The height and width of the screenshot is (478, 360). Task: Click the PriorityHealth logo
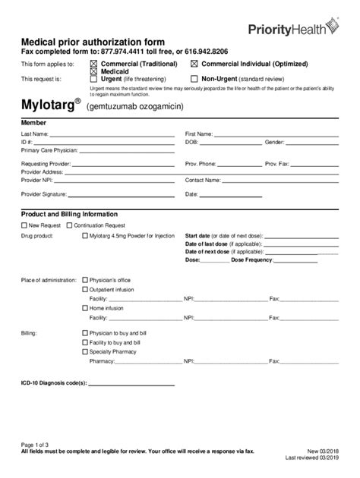[x=296, y=29]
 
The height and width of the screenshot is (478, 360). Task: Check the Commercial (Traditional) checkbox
[x=94, y=64]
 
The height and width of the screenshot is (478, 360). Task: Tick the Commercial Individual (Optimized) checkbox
[x=194, y=64]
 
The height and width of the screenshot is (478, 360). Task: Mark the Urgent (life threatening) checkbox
[x=94, y=78]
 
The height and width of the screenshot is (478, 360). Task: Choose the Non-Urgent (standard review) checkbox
[x=194, y=78]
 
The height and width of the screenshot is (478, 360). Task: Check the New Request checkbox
[x=23, y=225]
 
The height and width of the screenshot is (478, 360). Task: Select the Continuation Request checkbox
[x=70, y=225]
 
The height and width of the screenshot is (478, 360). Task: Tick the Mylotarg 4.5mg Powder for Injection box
[x=84, y=236]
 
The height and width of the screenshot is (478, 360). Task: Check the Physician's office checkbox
[x=84, y=280]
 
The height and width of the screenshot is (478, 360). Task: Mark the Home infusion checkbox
[x=84, y=309]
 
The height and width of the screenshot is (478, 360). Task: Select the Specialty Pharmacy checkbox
[x=84, y=351]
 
